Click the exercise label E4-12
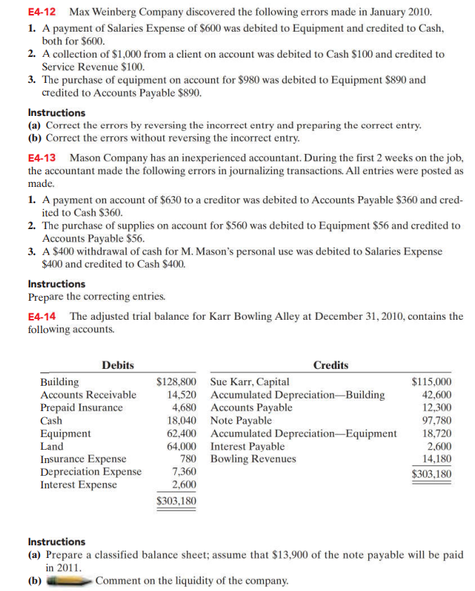pos(42,13)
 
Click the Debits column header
pos(118,365)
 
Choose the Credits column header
pos(330,365)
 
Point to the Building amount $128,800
pos(176,382)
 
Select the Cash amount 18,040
pos(181,420)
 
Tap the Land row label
pos(51,446)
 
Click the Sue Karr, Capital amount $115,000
pos(431,382)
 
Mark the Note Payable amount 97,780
pos(437,420)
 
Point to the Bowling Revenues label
pos(254,459)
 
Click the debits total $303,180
pos(176,501)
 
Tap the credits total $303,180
pos(431,474)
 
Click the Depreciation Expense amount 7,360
pos(184,472)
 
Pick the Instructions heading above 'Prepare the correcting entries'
pos(56,284)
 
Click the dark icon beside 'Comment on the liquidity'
pos(68,580)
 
